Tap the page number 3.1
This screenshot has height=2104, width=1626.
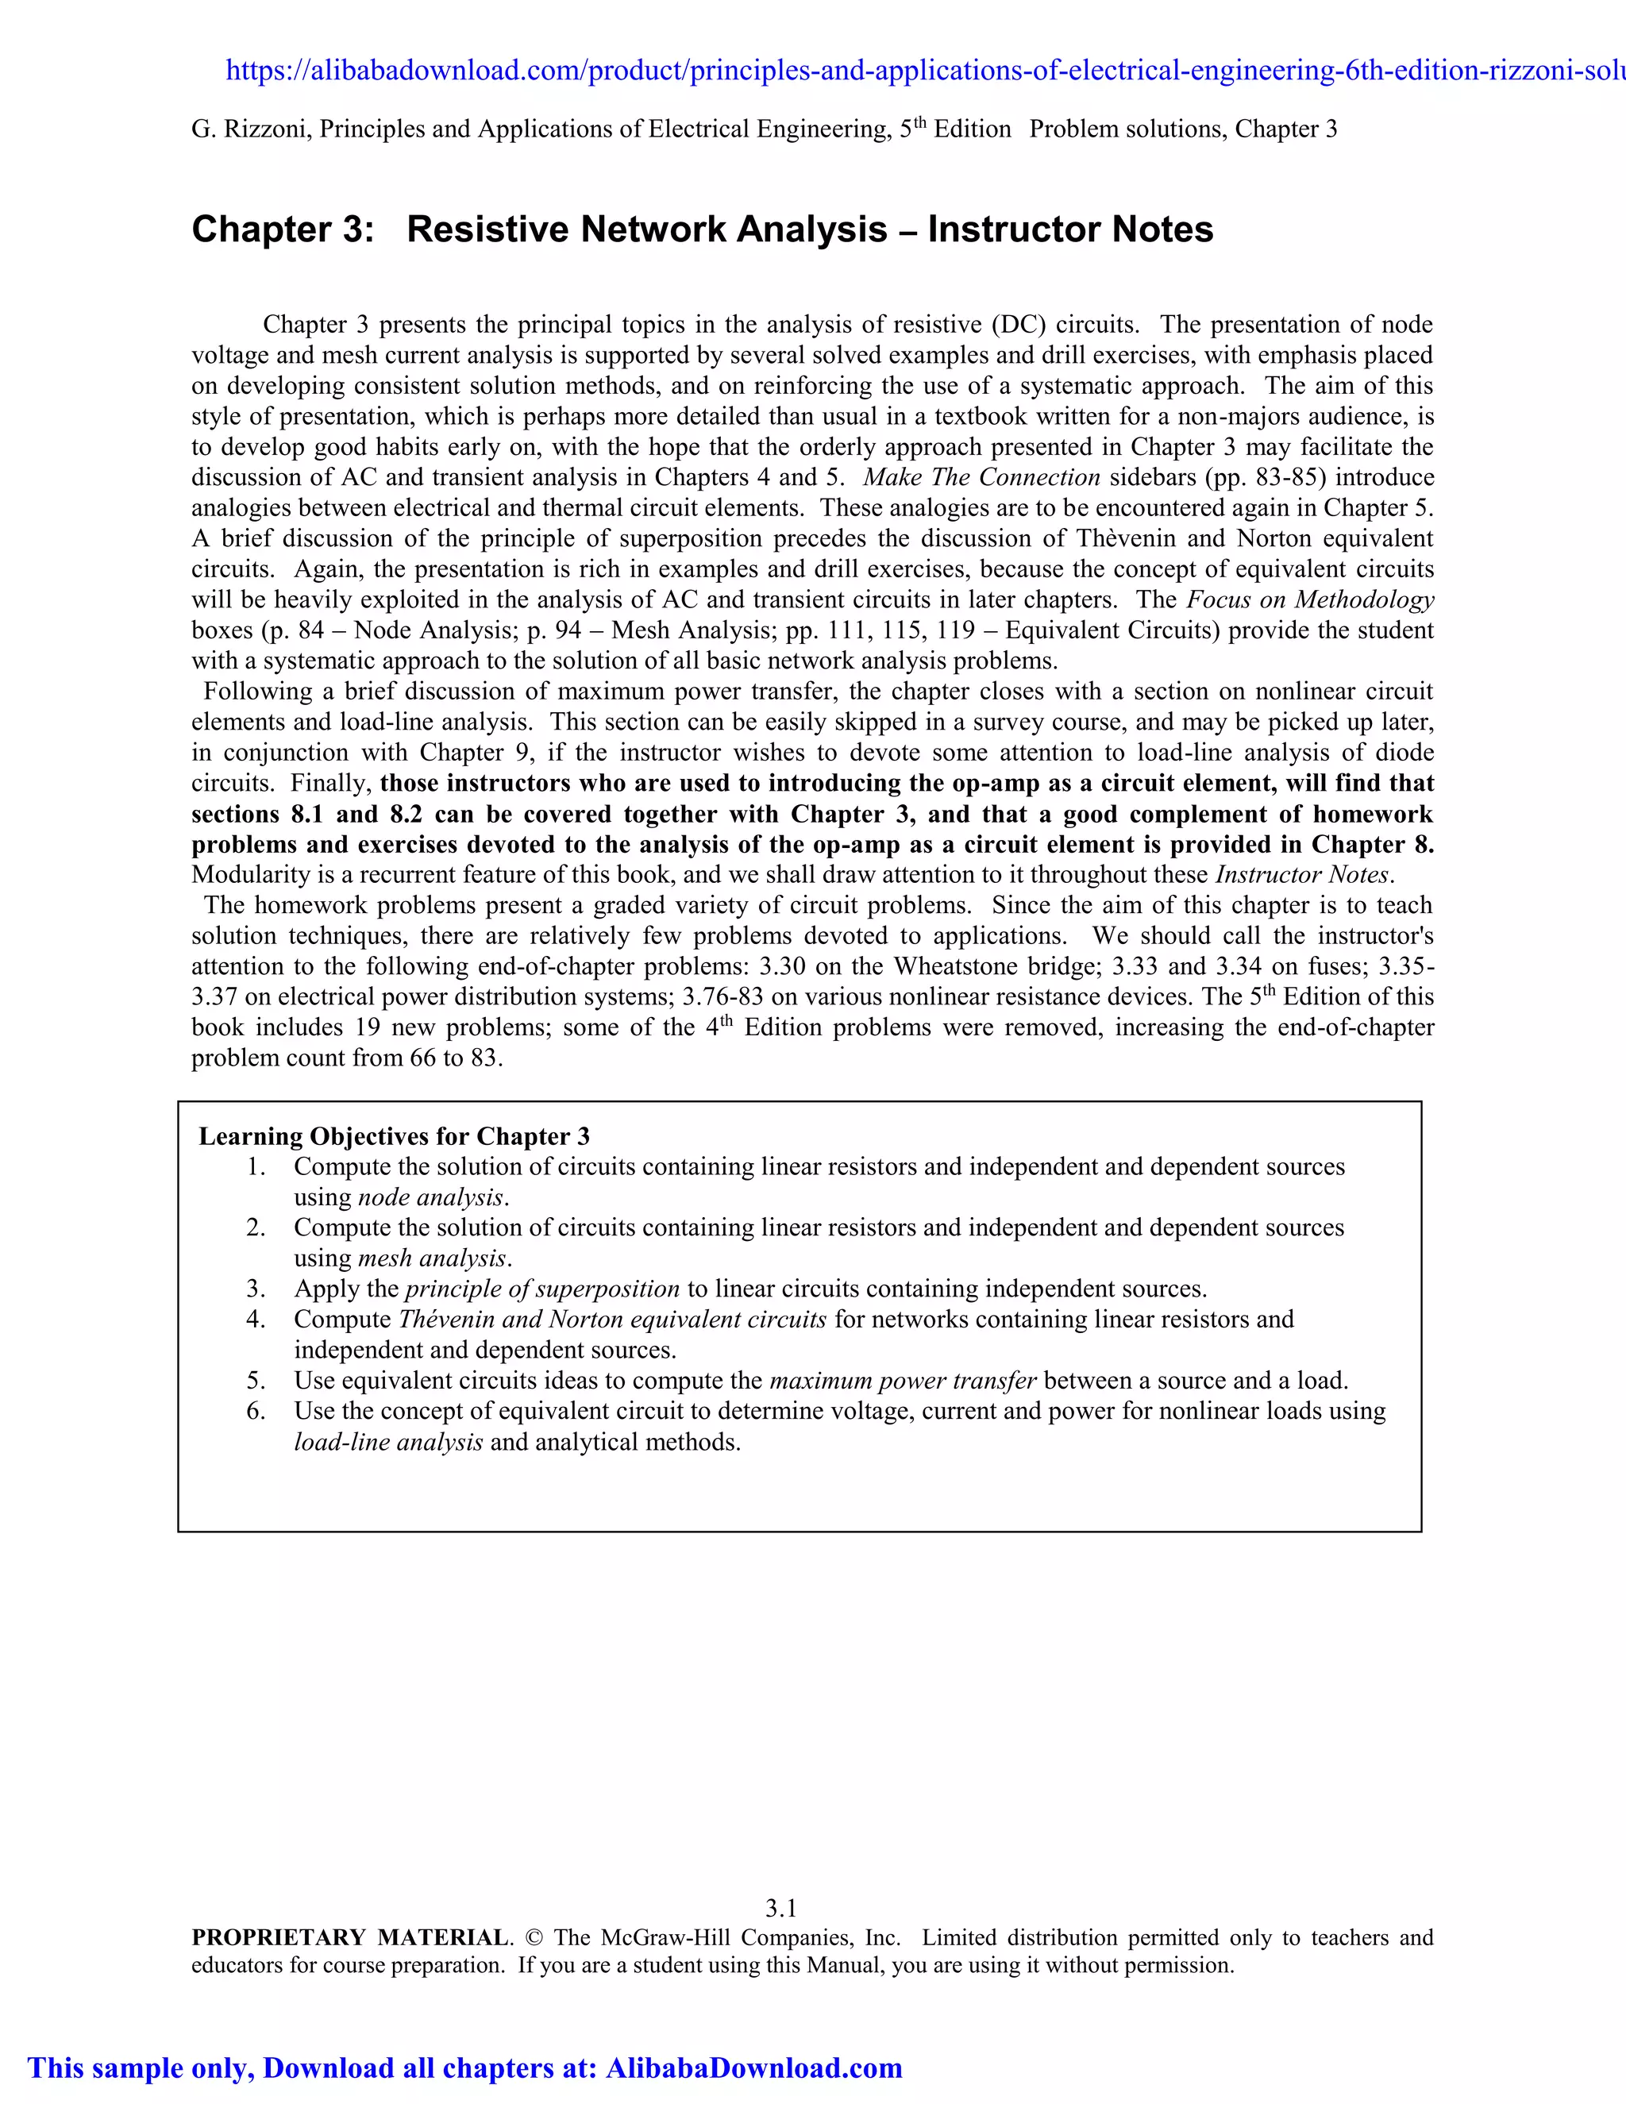(x=780, y=1907)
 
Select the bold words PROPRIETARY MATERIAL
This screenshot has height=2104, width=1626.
(x=349, y=1937)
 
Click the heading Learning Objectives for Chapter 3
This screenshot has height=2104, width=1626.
(x=394, y=1136)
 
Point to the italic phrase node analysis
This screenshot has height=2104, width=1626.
(x=430, y=1197)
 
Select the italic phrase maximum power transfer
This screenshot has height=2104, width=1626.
(x=903, y=1381)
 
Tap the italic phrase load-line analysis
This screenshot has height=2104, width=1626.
(x=388, y=1442)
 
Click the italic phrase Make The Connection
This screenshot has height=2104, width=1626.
(x=981, y=478)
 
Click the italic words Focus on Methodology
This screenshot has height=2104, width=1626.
(x=1309, y=600)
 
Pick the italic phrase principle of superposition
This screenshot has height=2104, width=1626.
(x=542, y=1289)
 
